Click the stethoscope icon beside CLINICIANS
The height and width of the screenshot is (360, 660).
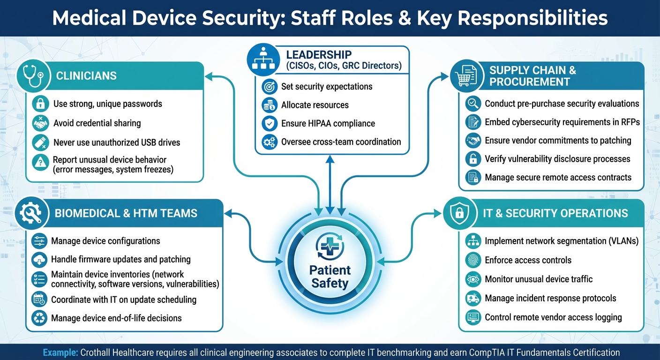(33, 76)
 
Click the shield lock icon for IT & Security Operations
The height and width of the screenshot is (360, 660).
(460, 213)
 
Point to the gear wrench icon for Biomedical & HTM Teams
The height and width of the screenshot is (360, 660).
(31, 213)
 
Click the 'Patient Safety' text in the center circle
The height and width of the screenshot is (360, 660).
(330, 277)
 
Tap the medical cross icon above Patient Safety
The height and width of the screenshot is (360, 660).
(330, 247)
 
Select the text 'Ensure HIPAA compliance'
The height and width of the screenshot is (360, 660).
(328, 124)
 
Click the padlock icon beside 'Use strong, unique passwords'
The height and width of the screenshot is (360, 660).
(40, 104)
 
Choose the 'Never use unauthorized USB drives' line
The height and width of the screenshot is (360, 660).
(116, 142)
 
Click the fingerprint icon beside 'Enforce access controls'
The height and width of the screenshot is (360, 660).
(473, 260)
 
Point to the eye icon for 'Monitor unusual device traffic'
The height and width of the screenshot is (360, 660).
(473, 279)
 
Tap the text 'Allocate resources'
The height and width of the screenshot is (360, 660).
(315, 105)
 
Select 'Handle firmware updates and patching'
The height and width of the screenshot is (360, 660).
(120, 260)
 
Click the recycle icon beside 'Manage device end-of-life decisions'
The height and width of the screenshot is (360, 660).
(39, 318)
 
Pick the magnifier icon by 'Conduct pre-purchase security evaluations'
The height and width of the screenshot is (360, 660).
(473, 104)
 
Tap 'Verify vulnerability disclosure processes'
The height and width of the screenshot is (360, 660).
(557, 159)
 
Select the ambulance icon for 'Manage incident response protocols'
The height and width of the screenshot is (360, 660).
(473, 299)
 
